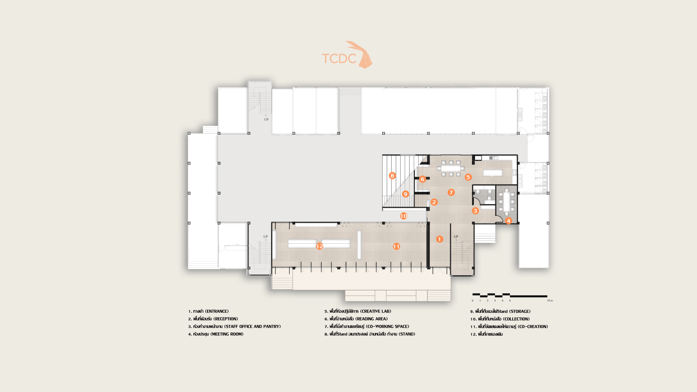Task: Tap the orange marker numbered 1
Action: tap(439, 239)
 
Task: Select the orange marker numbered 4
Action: tap(508, 221)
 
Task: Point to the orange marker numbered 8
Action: tap(392, 176)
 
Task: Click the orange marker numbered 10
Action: tap(403, 216)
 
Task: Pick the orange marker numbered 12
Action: tap(320, 246)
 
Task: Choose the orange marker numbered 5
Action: tap(468, 177)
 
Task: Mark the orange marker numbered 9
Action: tap(405, 194)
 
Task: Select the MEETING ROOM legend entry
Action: tap(216, 334)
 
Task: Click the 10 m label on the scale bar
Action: tap(550, 301)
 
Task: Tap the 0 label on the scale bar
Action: tap(472, 301)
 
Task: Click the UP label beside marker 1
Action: tap(456, 237)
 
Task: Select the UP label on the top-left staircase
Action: tap(266, 119)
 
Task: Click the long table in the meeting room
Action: tap(506, 202)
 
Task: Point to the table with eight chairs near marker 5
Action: tap(451, 168)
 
